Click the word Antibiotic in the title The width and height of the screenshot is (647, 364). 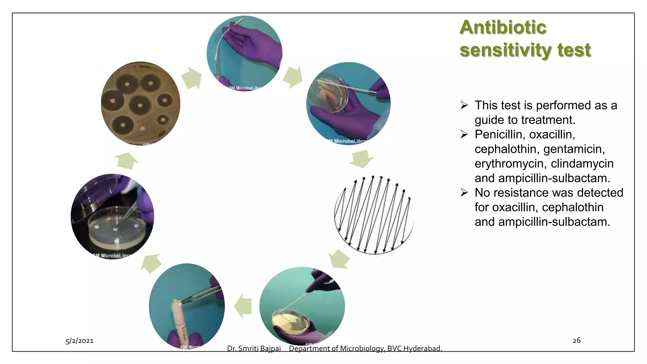pyautogui.click(x=503, y=27)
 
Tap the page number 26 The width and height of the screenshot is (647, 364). pyautogui.click(x=577, y=340)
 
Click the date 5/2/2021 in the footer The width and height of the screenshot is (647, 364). pyautogui.click(x=80, y=341)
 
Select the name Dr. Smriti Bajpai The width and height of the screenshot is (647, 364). pyautogui.click(x=254, y=348)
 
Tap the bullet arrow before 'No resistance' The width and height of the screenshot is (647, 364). pyautogui.click(x=464, y=192)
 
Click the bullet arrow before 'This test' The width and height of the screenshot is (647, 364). pyautogui.click(x=464, y=105)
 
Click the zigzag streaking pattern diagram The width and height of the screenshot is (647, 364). pyautogui.click(x=374, y=215)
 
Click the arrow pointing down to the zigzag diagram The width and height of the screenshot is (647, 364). pyautogui.click(x=361, y=158)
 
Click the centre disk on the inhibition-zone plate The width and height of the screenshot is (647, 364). pyautogui.click(x=140, y=105)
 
